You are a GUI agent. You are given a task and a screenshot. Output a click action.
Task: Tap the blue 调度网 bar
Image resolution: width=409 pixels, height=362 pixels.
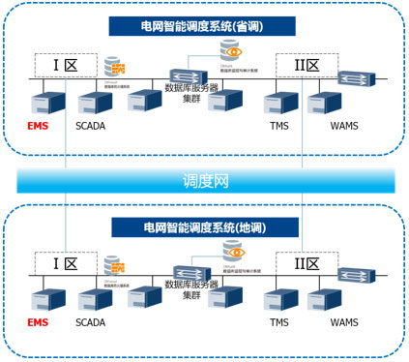pyautogui.click(x=205, y=180)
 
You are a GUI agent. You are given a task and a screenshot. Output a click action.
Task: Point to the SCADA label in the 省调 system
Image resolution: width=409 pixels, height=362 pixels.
pyautogui.click(x=90, y=127)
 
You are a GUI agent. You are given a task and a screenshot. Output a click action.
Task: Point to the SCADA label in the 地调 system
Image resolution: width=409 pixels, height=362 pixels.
pyautogui.click(x=90, y=322)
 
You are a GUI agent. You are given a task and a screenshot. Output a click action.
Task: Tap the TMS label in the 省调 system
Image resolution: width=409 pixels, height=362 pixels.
pyautogui.click(x=279, y=127)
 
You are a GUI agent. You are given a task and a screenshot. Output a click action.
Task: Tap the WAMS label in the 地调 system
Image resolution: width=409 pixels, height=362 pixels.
pyautogui.click(x=343, y=322)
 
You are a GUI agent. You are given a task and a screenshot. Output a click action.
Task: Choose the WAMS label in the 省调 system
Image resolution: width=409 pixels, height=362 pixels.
pyautogui.click(x=343, y=127)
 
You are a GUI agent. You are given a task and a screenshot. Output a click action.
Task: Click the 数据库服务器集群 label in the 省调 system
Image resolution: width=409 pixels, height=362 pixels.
pyautogui.click(x=192, y=93)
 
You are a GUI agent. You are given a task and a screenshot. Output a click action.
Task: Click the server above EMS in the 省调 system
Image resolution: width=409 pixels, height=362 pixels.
pyautogui.click(x=44, y=101)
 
